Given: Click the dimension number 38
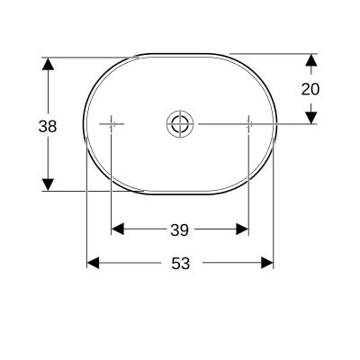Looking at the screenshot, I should [x=48, y=126].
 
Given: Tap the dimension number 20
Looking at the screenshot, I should [x=310, y=88].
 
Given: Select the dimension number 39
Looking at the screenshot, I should [x=179, y=230].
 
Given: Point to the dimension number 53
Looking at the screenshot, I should [x=180, y=263].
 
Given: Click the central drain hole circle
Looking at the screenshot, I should [x=179, y=123].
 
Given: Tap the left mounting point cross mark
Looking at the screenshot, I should [x=112, y=123].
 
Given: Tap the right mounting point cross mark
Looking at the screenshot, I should [x=248, y=123].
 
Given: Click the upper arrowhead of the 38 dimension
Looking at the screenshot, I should [x=48, y=65].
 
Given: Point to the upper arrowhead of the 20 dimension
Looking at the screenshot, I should [x=310, y=60].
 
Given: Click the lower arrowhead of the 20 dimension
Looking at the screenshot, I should [x=310, y=116].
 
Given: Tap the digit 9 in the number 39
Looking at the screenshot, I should [x=184, y=230].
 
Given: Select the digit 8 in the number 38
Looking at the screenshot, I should [x=52, y=126].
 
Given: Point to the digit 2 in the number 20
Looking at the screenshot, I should [x=305, y=88].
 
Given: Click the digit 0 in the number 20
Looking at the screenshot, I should [x=315, y=88].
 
